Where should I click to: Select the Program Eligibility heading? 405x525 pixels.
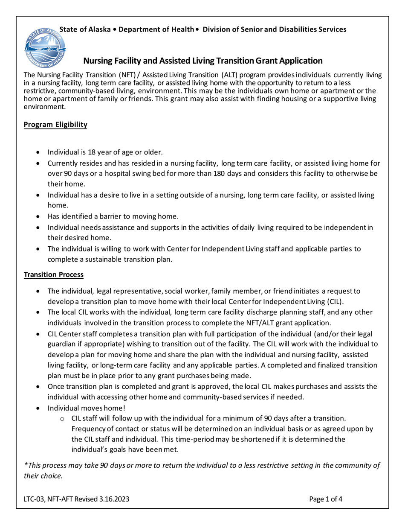55,125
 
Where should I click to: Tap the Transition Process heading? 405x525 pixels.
54,274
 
